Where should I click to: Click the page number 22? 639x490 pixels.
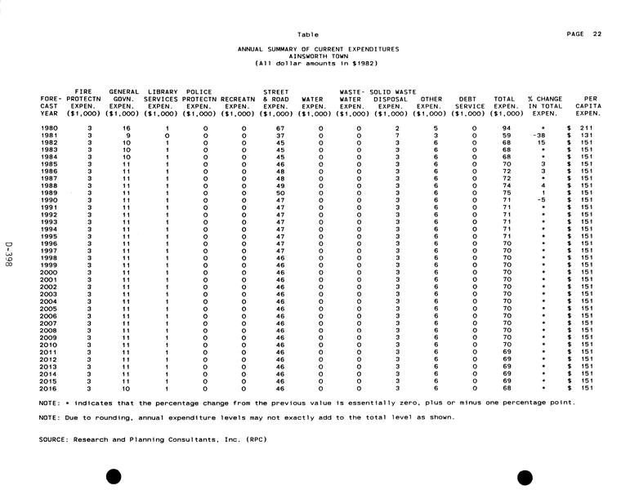(598, 33)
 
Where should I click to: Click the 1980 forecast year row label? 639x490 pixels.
(50, 128)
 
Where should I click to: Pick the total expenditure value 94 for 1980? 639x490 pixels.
(507, 128)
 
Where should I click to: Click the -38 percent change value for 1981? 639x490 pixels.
(538, 136)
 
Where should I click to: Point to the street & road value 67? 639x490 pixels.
(279, 128)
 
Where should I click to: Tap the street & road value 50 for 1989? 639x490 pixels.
(279, 193)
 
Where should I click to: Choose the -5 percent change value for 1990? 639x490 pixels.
(540, 200)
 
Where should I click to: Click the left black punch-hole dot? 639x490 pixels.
(114, 475)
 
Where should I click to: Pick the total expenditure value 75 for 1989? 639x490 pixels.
(507, 193)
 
